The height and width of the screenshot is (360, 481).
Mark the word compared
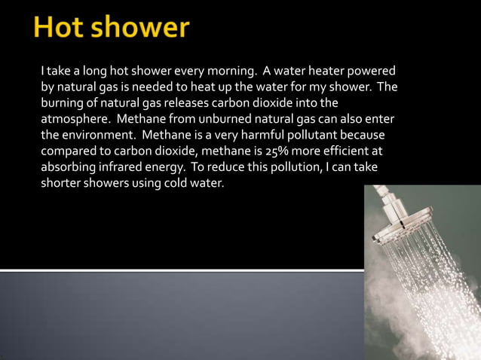click(x=69, y=151)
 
